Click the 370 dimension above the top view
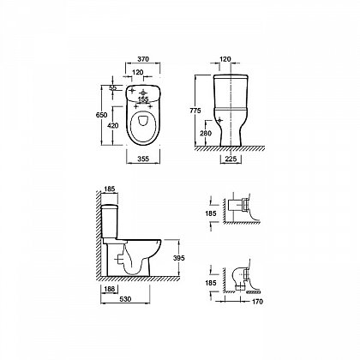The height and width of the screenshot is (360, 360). click(143, 59)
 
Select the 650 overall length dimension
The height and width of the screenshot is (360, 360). click(101, 115)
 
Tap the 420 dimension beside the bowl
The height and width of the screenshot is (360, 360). click(113, 125)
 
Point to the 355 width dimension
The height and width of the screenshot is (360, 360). click(143, 159)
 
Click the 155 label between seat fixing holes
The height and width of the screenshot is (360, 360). click(143, 99)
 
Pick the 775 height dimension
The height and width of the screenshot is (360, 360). click(195, 111)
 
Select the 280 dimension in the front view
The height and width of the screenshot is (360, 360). click(206, 133)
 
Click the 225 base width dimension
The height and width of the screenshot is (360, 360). click(231, 159)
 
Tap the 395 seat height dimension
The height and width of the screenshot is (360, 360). click(179, 258)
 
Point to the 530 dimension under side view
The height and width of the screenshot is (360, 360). click(125, 299)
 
